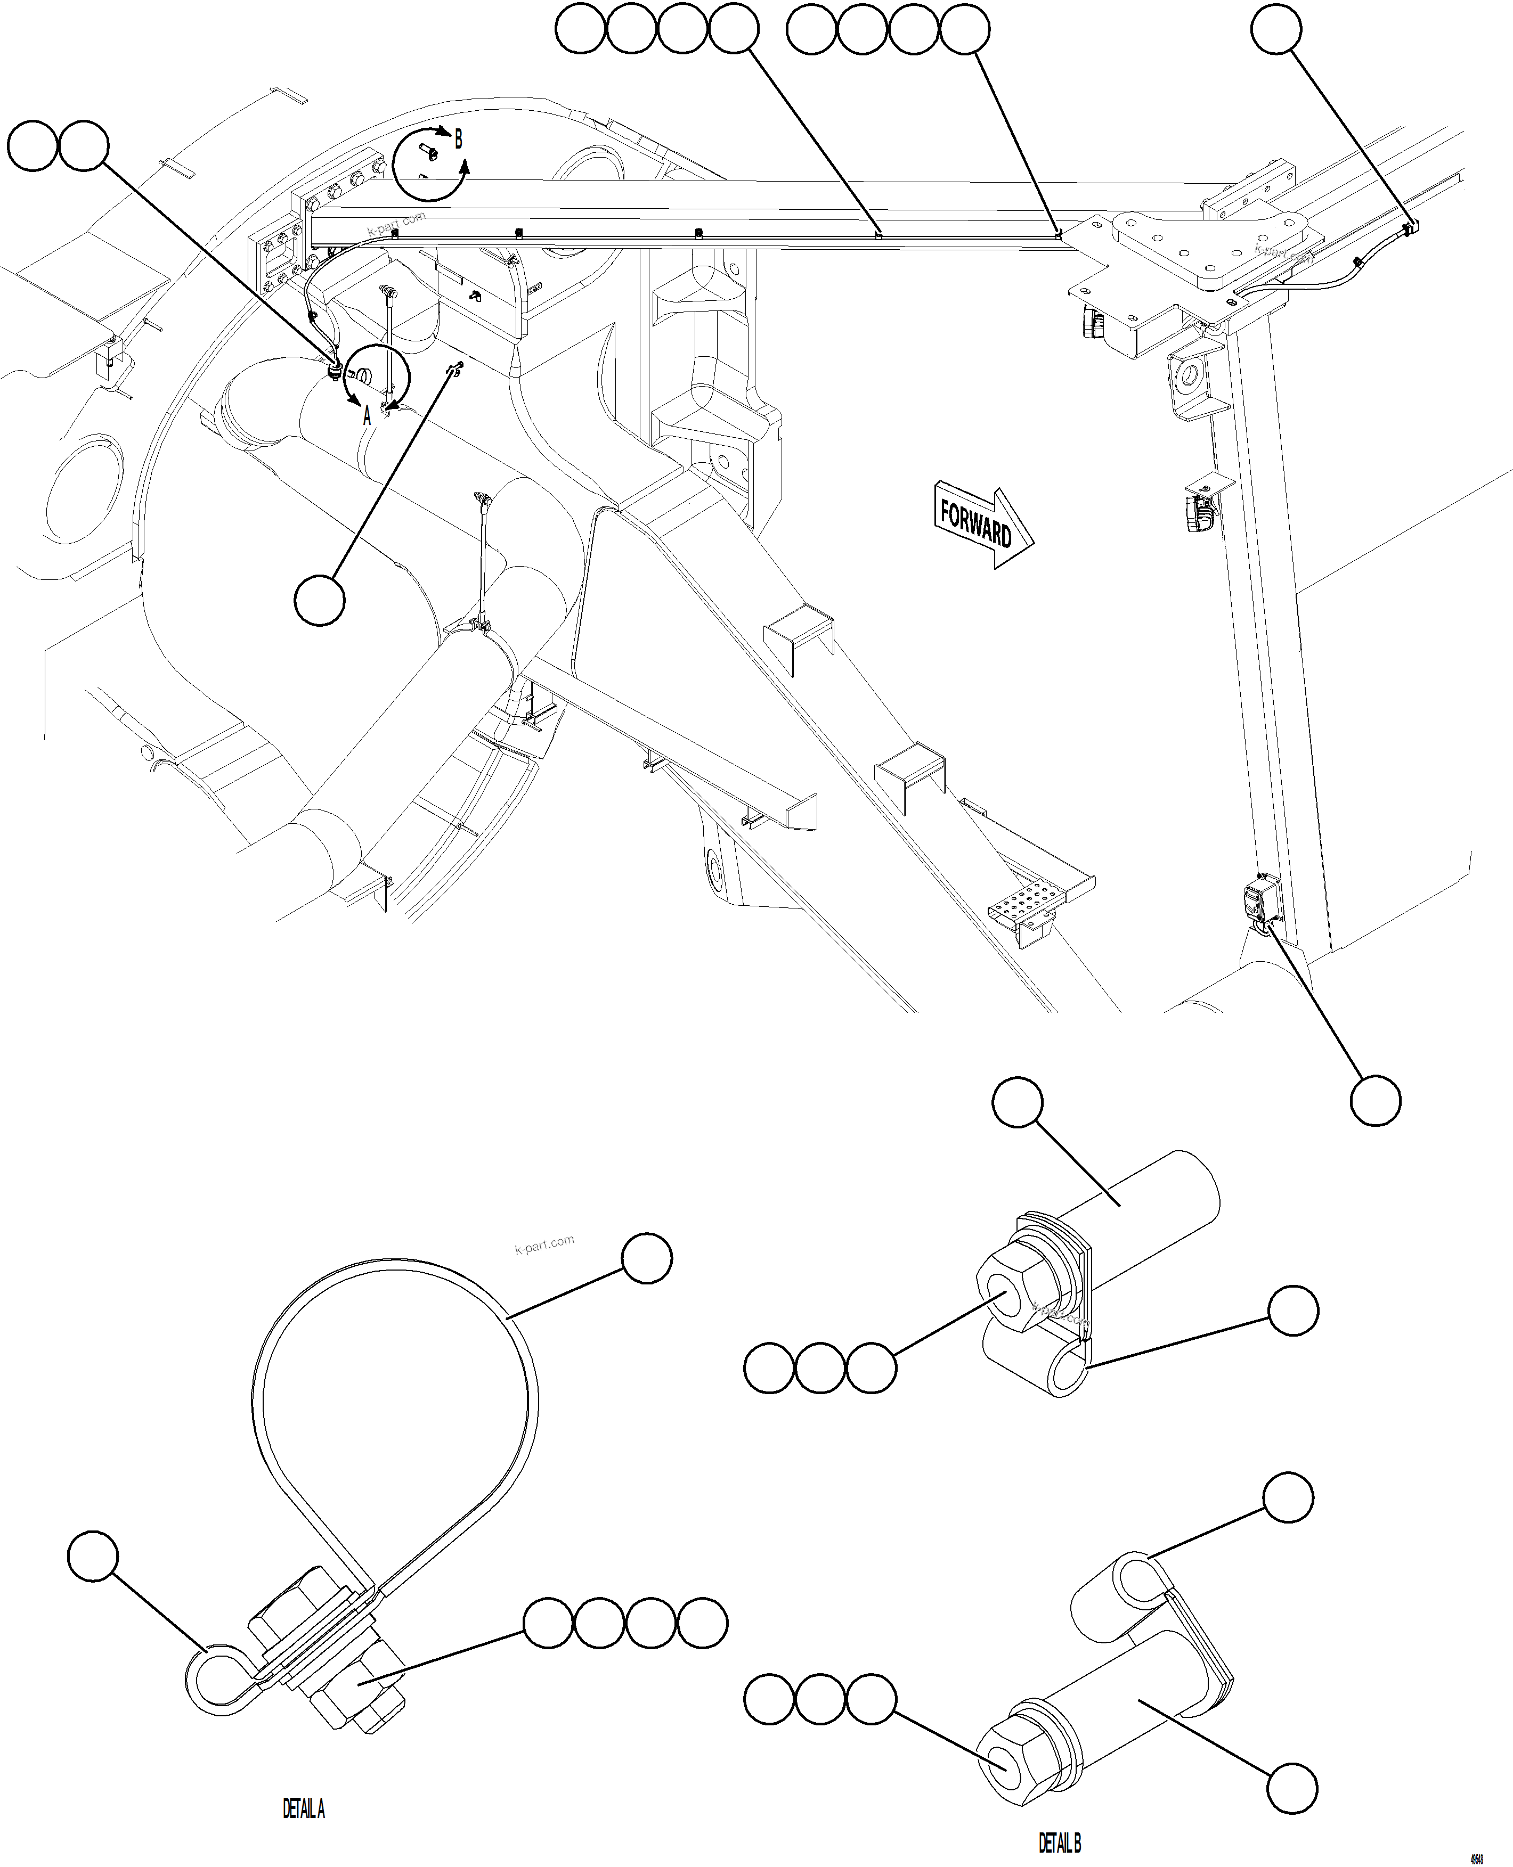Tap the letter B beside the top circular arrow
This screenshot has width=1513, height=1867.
pyautogui.click(x=459, y=140)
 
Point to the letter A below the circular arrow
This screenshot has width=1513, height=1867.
pyautogui.click(x=367, y=416)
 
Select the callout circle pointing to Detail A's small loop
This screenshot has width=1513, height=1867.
pyautogui.click(x=93, y=1556)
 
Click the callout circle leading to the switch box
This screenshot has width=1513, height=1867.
pyautogui.click(x=1376, y=1100)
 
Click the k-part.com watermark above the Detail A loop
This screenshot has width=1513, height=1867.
pyautogui.click(x=544, y=1244)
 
